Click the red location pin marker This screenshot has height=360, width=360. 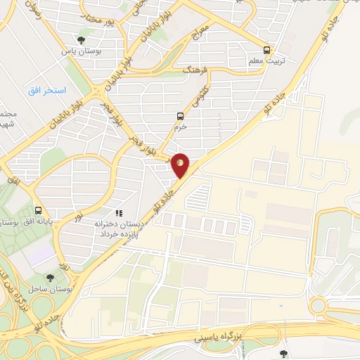pyautogui.click(x=181, y=165)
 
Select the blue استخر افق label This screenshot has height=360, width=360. pyautogui.click(x=47, y=91)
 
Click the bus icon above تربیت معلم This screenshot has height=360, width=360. pyautogui.click(x=266, y=50)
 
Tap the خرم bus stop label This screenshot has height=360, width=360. pyautogui.click(x=180, y=127)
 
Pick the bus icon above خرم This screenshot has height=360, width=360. pyautogui.click(x=180, y=116)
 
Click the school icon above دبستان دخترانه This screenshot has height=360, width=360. pyautogui.click(x=119, y=212)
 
